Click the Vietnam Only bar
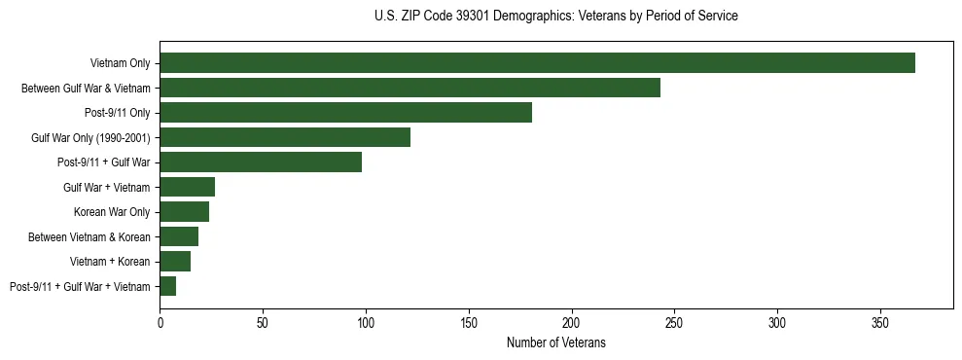[x=537, y=63]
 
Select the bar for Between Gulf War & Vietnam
[x=410, y=88]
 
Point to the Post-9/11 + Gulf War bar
[x=261, y=162]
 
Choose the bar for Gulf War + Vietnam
[x=187, y=187]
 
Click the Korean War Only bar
[x=184, y=212]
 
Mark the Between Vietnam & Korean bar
[x=179, y=236]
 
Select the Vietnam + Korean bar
[x=175, y=262]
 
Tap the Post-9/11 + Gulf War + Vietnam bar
[x=167, y=286]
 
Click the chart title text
[x=555, y=17]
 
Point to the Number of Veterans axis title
[x=555, y=342]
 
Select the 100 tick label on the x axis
[x=366, y=320]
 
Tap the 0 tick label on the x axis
[x=160, y=320]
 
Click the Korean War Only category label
[x=112, y=212]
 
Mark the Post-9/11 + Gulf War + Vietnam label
[x=80, y=286]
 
